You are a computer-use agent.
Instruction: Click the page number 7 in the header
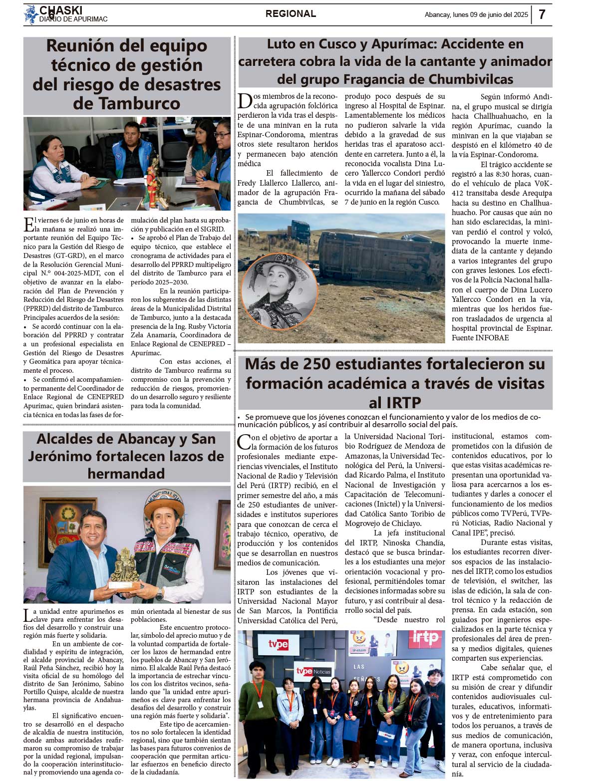coord(542,14)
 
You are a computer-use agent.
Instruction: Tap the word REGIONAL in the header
coord(291,14)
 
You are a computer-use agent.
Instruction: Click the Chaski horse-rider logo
coord(31,14)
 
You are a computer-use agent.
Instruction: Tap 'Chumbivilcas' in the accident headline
coord(471,79)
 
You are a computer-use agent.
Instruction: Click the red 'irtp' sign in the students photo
coord(425,638)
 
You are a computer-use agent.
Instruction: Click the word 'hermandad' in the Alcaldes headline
coord(126,473)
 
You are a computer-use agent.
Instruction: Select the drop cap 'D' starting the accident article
coord(244,101)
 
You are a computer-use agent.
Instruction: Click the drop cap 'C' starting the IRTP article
coord(244,442)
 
